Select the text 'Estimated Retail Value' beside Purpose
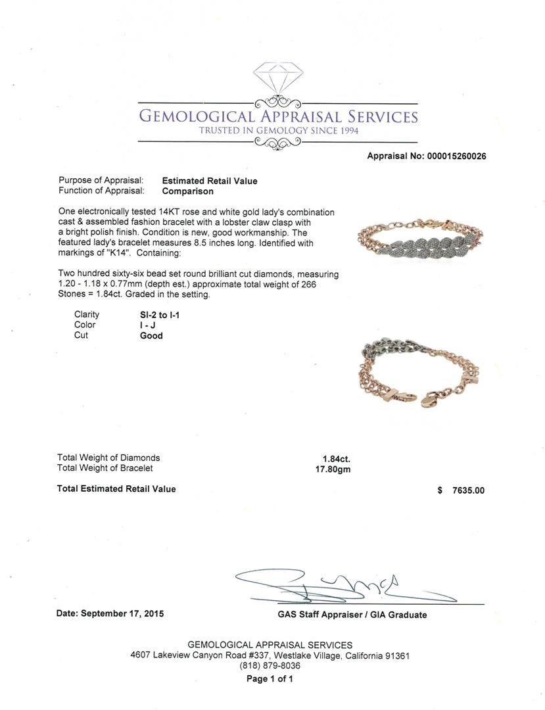click(210, 181)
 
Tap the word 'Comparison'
click(188, 191)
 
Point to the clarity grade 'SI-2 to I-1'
click(156, 315)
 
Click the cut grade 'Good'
click(151, 335)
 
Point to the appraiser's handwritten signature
click(329, 585)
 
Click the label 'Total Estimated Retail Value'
click(116, 488)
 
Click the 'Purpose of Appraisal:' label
click(101, 181)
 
